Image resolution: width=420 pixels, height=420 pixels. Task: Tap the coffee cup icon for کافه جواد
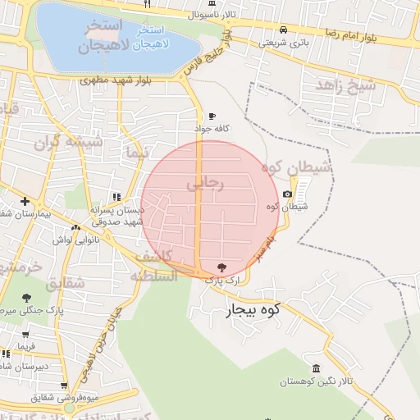[212, 116]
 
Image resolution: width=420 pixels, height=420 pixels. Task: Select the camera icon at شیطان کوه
[287, 194]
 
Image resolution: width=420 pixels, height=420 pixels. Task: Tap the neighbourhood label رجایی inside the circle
[204, 185]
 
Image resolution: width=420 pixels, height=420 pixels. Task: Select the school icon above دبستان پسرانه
[116, 197]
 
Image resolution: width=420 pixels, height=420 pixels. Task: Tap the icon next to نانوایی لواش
[75, 228]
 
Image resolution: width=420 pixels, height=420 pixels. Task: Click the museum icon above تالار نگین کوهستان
[317, 367]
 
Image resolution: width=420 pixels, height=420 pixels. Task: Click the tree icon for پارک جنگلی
[27, 297]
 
